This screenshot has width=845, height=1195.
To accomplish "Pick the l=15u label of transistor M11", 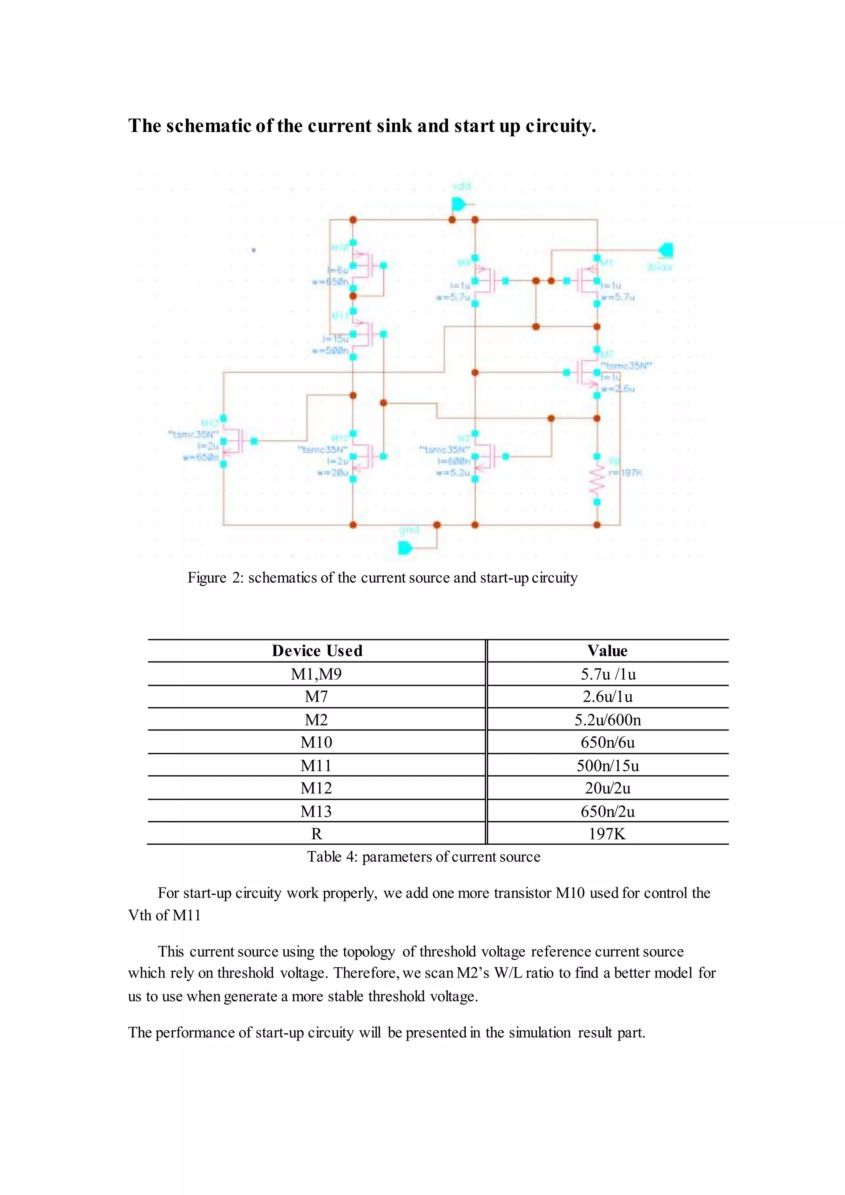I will pos(335,338).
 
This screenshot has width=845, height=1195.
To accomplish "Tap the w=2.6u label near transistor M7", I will pos(618,389).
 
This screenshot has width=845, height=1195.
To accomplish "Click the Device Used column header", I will pos(317,651).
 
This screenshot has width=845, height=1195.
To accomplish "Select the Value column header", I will pos(607,651).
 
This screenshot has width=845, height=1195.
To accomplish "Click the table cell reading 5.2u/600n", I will pos(607,720).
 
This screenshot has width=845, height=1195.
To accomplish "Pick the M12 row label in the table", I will pos(316,788).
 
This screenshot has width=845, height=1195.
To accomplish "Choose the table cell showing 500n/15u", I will pos(607,765).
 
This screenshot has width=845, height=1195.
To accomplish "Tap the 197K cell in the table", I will pos(607,834).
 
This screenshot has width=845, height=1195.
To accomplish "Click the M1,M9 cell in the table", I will pos(316,674).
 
